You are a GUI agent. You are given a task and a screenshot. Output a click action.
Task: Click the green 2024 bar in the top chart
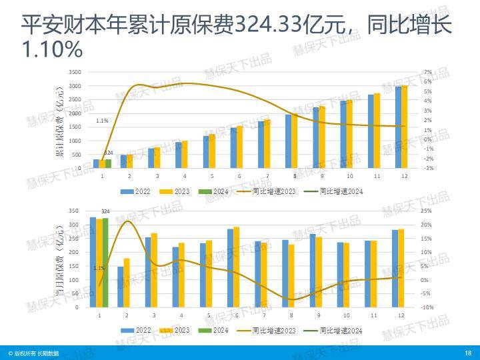pos(108,163)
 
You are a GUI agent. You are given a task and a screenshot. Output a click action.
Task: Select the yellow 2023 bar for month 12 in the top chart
pos(404,127)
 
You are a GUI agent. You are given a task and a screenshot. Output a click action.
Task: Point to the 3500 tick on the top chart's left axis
pos(75,72)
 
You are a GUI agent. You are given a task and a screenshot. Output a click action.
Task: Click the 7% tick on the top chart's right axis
pos(428,72)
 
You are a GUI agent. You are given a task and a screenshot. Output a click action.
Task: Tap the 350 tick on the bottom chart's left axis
pos(74,211)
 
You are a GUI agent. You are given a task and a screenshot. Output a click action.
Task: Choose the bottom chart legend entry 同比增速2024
pos(341,330)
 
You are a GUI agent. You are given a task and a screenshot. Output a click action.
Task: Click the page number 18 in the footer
pos(468,353)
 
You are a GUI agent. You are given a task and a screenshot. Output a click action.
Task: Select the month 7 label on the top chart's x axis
pos(267,176)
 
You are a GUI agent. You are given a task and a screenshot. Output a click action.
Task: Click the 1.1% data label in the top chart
pos(102,121)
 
